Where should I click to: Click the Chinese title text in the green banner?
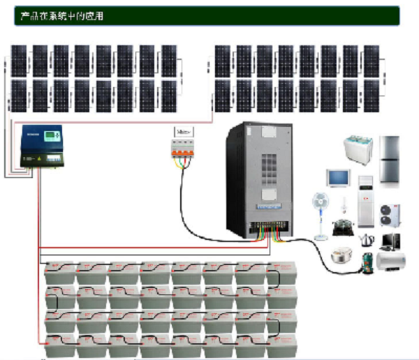pos(62,15)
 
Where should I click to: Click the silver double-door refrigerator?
pos(391,158)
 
